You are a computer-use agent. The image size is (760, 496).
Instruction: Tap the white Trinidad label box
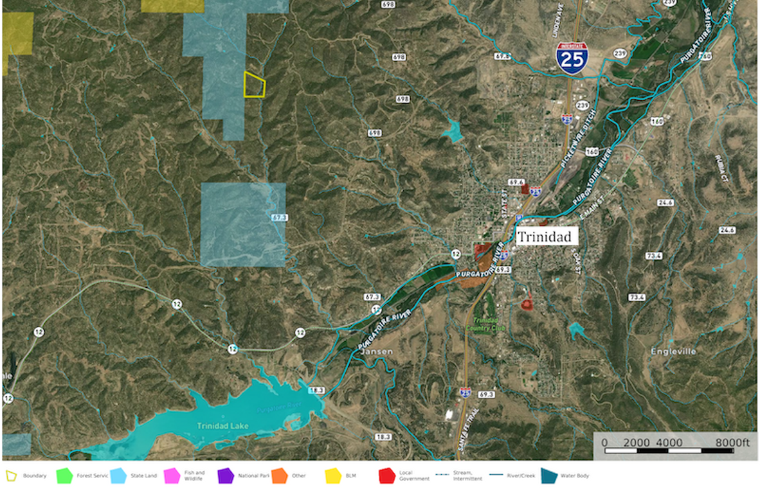543,237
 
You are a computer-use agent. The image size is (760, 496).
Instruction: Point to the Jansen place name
376,352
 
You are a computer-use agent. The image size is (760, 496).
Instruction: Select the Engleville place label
673,351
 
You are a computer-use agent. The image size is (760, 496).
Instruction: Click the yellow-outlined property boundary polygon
255,85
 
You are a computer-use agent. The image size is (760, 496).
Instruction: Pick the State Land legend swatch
118,476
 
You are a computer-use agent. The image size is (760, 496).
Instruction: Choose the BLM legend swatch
333,476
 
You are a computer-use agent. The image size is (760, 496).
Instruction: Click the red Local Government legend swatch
386,476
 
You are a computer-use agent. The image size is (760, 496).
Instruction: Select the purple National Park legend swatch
226,476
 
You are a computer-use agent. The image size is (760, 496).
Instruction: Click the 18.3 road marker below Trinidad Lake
383,437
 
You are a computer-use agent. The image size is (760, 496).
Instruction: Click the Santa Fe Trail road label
467,430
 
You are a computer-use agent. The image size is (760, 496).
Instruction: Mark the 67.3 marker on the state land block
279,218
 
